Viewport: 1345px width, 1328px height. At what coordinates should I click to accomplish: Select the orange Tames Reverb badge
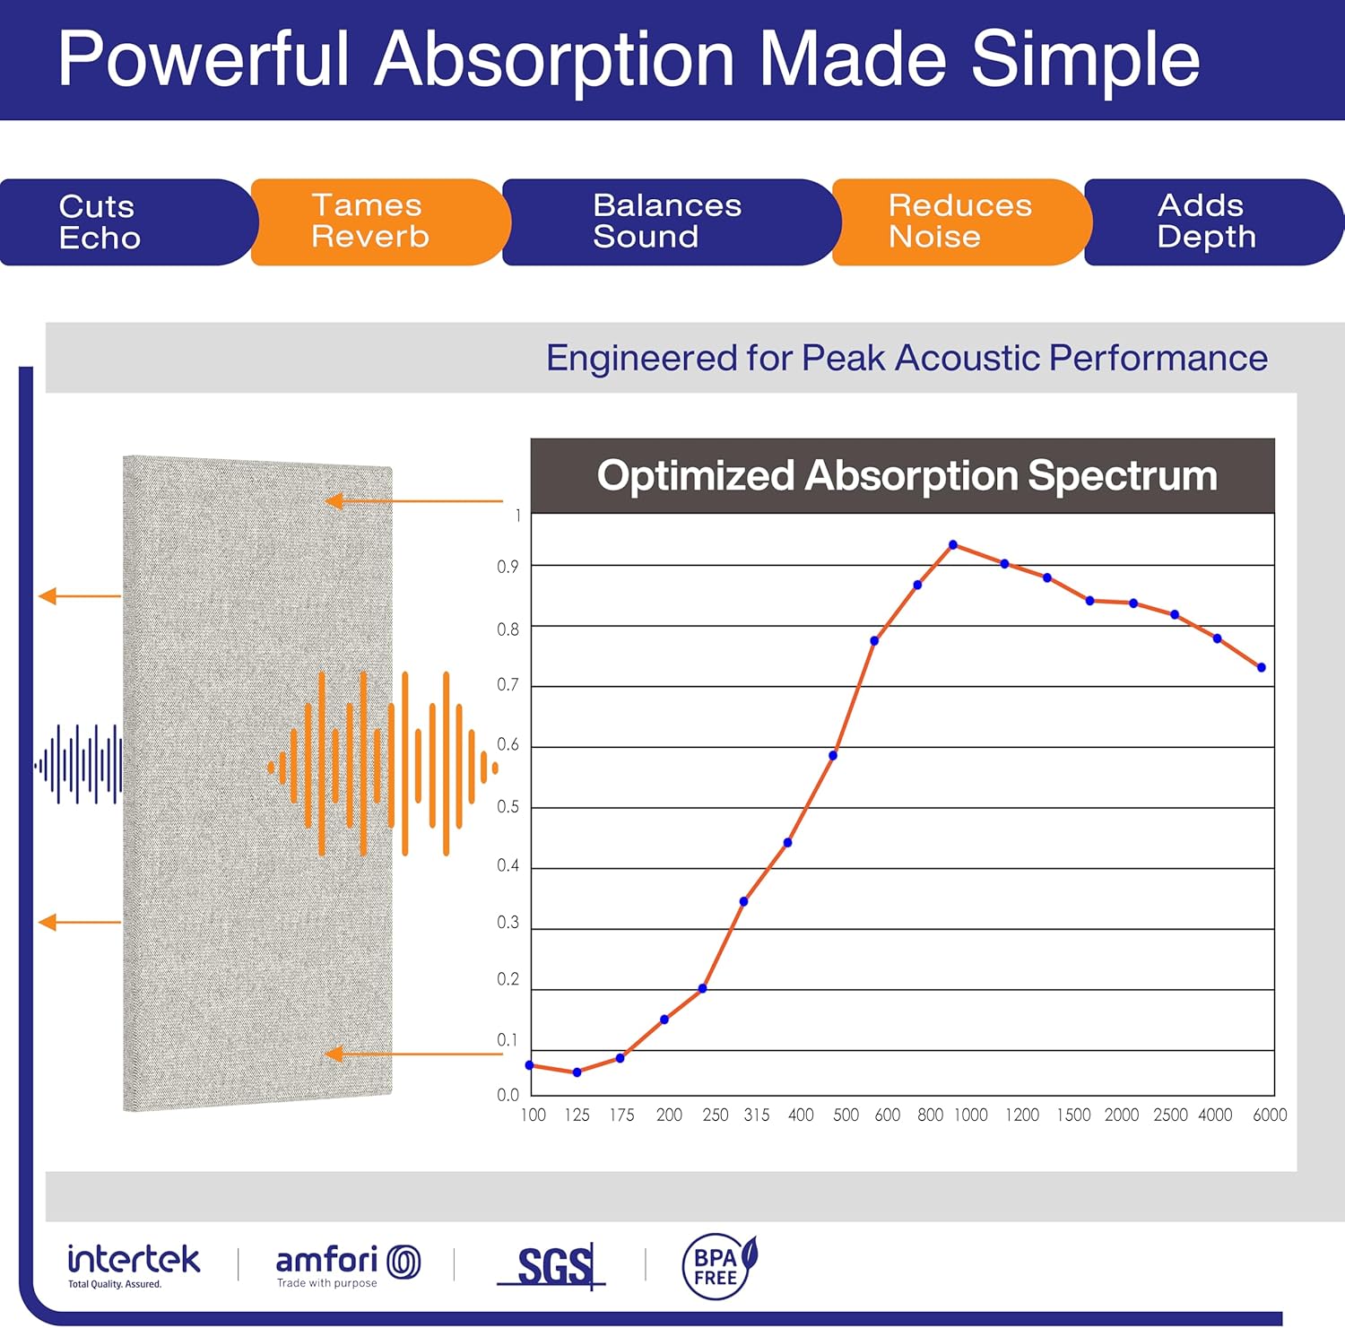(x=377, y=221)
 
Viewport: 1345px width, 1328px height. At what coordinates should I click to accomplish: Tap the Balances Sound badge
(x=667, y=221)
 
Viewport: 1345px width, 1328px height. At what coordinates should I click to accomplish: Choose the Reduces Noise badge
(x=959, y=221)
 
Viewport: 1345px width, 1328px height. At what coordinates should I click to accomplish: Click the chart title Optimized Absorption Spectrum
(x=907, y=475)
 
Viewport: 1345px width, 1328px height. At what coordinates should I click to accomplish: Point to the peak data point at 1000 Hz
(x=953, y=545)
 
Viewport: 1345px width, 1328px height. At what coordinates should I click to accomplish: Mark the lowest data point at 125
(x=577, y=1072)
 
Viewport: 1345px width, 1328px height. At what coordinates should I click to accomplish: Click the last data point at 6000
(x=1262, y=668)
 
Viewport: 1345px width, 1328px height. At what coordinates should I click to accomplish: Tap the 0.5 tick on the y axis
(x=508, y=807)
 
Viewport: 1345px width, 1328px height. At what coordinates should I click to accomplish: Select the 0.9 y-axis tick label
(x=508, y=567)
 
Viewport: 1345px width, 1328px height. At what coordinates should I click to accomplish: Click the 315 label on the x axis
(x=757, y=1115)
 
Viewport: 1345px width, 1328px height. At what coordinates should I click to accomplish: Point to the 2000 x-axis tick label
(x=1121, y=1115)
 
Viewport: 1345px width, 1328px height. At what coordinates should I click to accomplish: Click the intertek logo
(x=134, y=1264)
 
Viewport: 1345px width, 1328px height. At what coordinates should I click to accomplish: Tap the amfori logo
(x=347, y=1264)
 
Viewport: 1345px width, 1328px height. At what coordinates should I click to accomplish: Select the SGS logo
(x=552, y=1266)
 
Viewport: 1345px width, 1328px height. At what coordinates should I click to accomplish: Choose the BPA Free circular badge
(x=718, y=1266)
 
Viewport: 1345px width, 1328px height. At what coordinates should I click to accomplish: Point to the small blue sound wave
(x=79, y=765)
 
